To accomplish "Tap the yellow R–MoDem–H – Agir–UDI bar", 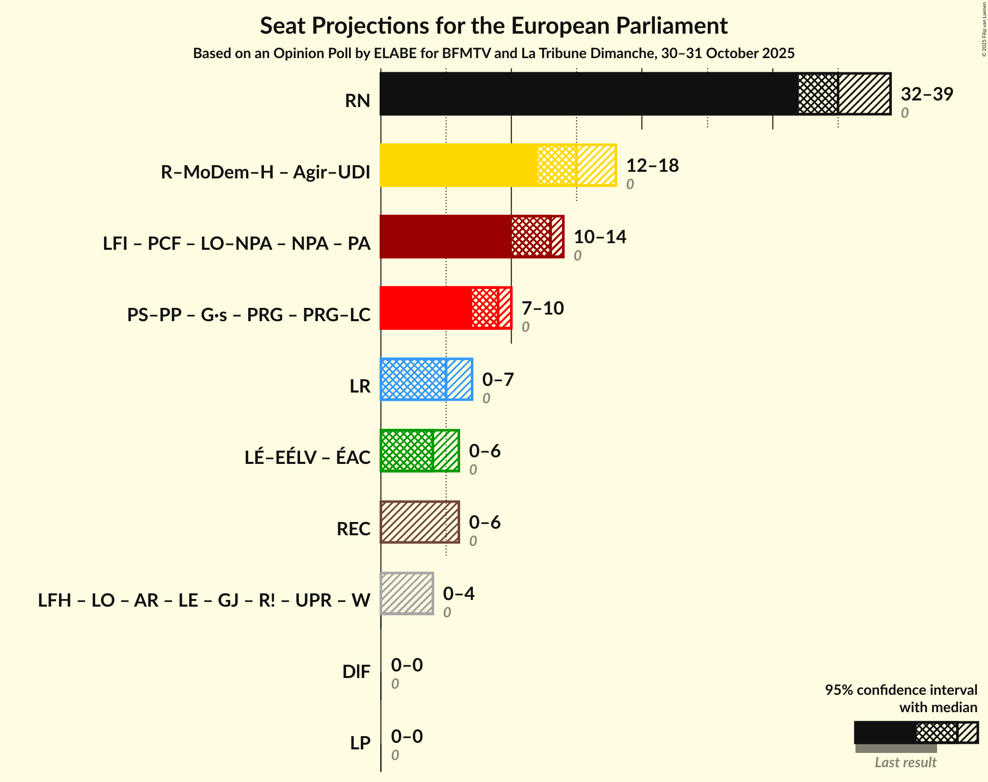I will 459,165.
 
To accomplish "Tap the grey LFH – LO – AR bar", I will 407,593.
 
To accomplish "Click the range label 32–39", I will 926,94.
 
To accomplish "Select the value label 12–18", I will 652,166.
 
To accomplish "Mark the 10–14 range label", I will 600,237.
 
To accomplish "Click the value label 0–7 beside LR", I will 498,380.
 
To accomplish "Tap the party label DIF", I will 356,672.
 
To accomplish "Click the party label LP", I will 360,743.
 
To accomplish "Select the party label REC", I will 353,529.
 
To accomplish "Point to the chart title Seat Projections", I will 494,26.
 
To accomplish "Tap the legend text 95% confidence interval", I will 901,690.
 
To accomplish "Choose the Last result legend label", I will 905,763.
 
